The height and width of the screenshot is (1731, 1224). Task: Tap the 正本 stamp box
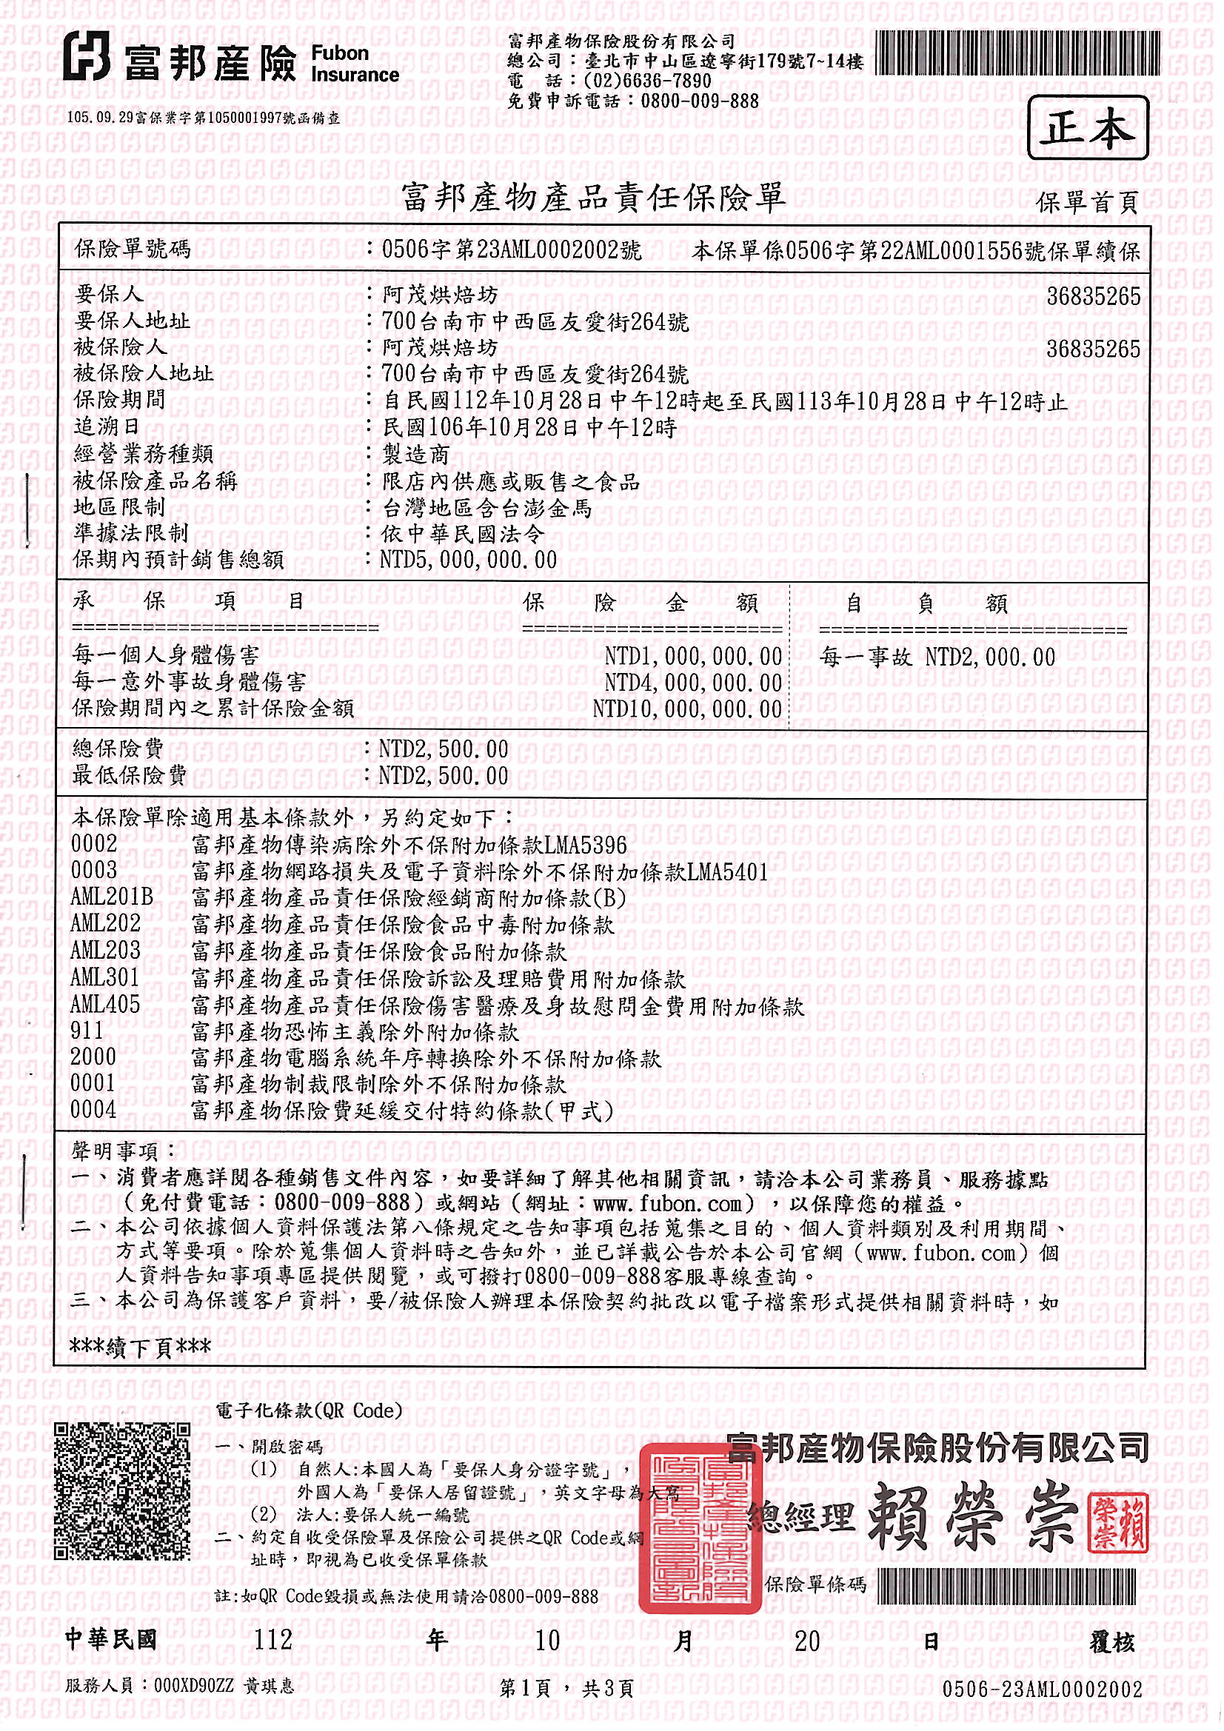pos(1087,128)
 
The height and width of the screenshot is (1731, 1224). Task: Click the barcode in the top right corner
pos(1017,53)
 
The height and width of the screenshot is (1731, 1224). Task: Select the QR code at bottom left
pos(121,1490)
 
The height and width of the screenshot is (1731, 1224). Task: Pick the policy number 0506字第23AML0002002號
pos(512,250)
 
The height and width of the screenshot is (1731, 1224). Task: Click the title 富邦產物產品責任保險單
pos(594,198)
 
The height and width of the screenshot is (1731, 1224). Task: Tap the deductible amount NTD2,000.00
pos(989,657)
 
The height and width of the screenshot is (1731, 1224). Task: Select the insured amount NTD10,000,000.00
pos(686,709)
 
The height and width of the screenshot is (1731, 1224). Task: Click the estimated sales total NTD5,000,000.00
pos(468,560)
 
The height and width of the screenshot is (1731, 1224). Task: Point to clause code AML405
pos(106,1004)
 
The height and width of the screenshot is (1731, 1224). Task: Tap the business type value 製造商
pos(416,455)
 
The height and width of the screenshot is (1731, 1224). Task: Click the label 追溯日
pos(107,426)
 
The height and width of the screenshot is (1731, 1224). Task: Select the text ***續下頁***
pos(140,1346)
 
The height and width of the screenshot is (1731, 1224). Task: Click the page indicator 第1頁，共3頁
pos(566,1688)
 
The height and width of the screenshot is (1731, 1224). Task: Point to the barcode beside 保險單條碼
pos(1006,1585)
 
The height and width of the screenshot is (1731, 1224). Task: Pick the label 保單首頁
pos(1086,202)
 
